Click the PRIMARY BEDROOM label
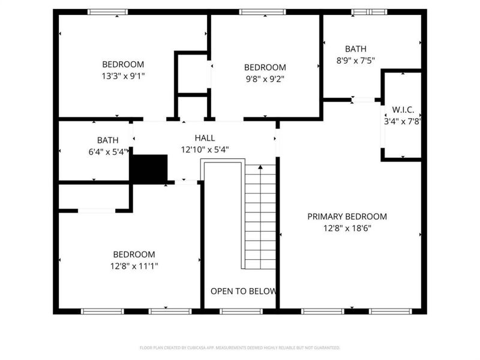pyautogui.click(x=347, y=217)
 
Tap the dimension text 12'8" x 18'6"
pyautogui.click(x=347, y=228)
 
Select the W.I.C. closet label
pyautogui.click(x=403, y=110)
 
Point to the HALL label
pyautogui.click(x=205, y=138)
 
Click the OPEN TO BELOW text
pyautogui.click(x=243, y=291)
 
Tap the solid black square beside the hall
pyautogui.click(x=149, y=169)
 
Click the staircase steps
pyautogui.click(x=260, y=216)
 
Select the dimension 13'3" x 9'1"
pyautogui.click(x=123, y=76)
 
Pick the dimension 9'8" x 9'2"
pyautogui.click(x=265, y=78)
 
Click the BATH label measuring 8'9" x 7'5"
pyautogui.click(x=355, y=49)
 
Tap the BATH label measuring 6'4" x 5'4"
pyautogui.click(x=100, y=140)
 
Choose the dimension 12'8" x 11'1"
pyautogui.click(x=134, y=265)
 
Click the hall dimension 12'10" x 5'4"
pyautogui.click(x=205, y=149)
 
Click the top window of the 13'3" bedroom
pyautogui.click(x=107, y=11)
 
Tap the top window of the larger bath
pyautogui.click(x=369, y=11)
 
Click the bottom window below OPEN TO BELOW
pyautogui.click(x=241, y=311)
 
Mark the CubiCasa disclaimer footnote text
pyautogui.click(x=240, y=347)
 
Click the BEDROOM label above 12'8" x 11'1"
pyautogui.click(x=134, y=254)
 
